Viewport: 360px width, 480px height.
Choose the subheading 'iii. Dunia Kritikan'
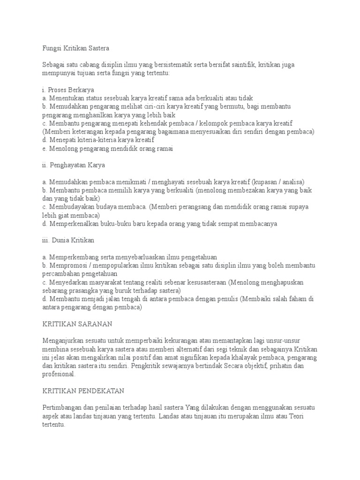coord(68,240)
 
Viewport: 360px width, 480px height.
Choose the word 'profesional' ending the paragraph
coord(58,375)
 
